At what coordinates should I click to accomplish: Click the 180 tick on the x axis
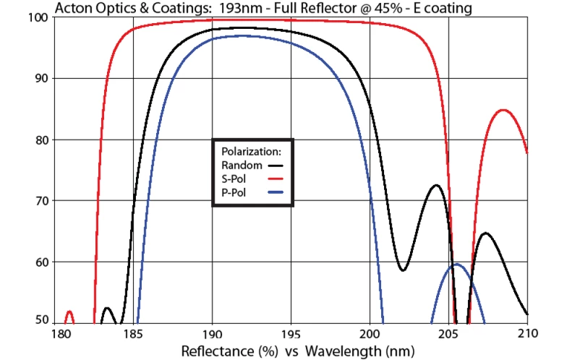[x=54, y=334]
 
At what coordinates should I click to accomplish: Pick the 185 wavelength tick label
[x=133, y=334]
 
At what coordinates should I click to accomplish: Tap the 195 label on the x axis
[x=291, y=334]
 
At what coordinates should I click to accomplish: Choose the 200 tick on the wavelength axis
[x=370, y=334]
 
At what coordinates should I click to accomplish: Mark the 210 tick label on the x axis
[x=527, y=334]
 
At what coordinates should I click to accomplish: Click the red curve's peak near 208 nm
[x=503, y=110]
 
